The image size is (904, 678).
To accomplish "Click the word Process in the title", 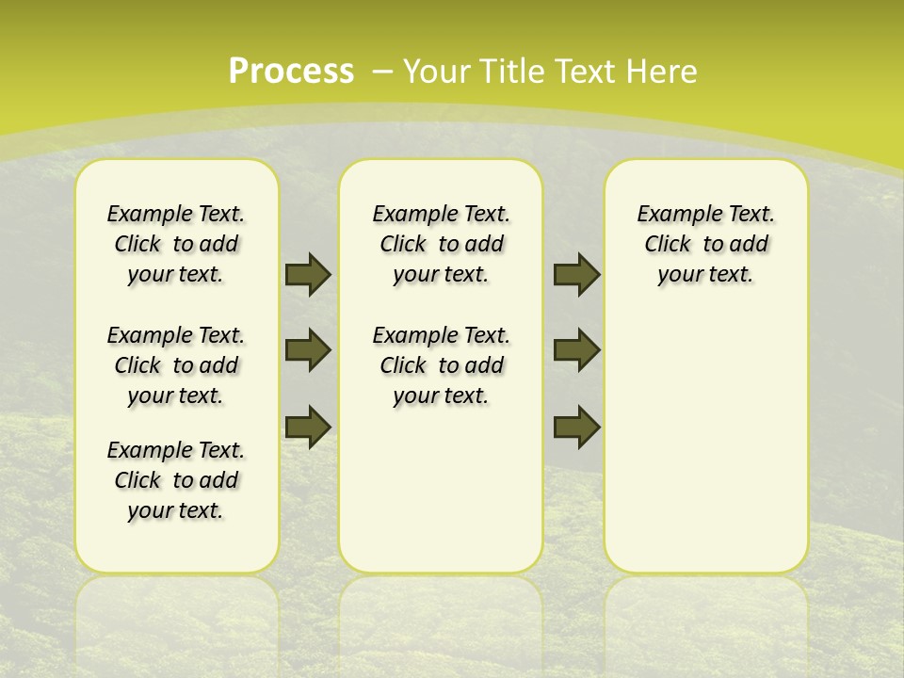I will (x=291, y=71).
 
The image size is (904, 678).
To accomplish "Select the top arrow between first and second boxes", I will (x=308, y=275).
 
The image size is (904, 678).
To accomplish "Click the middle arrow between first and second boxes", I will (x=308, y=350).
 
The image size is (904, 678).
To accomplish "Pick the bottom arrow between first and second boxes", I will (x=308, y=427).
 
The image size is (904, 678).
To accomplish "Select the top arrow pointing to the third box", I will (x=576, y=275).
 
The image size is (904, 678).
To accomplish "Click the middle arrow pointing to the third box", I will (x=576, y=350).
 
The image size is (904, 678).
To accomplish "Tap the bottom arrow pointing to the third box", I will (x=576, y=427).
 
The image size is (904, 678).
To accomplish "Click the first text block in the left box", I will (x=176, y=244).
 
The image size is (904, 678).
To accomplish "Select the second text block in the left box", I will (x=176, y=365).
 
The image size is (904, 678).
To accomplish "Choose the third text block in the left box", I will (x=176, y=480).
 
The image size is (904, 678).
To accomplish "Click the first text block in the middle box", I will (x=441, y=244).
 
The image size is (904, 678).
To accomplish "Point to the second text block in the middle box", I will (x=441, y=365).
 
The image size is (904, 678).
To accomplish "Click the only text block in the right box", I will (x=705, y=244).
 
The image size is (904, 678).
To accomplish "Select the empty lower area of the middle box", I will (x=441, y=490).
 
